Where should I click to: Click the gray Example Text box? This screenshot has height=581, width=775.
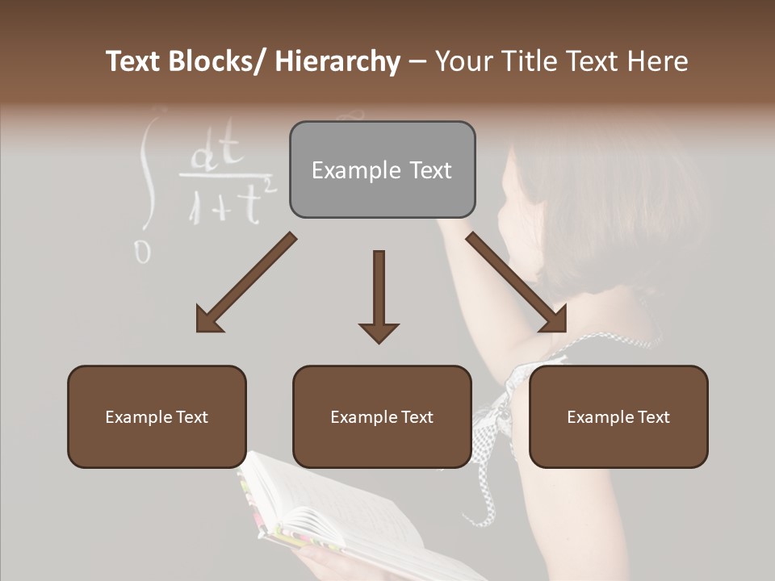382,169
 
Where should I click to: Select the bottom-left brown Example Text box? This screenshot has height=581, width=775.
157,416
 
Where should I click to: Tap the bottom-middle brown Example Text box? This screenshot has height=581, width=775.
382,416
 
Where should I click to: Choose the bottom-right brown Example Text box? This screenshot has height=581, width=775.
618,416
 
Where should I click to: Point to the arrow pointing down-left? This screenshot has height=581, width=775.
245,283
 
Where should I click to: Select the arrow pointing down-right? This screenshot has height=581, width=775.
517,282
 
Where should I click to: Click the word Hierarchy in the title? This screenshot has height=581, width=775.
337,61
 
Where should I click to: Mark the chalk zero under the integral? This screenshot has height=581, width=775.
142,253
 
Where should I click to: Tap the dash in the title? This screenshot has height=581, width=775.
417,61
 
